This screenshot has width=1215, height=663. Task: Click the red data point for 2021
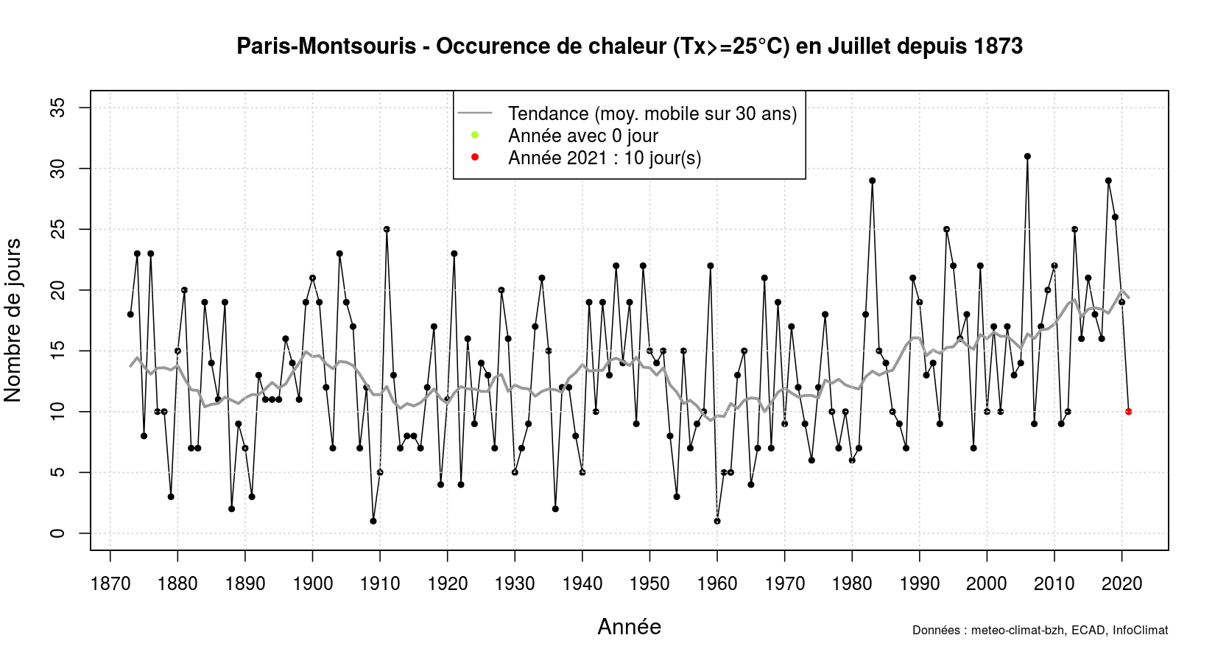click(1128, 412)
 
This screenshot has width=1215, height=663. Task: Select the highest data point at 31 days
click(1027, 156)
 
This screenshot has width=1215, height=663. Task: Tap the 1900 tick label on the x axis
click(312, 584)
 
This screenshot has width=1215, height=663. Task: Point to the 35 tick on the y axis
click(58, 108)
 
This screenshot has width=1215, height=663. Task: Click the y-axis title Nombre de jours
click(13, 320)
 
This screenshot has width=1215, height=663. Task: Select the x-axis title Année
click(629, 627)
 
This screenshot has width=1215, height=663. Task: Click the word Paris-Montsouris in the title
click(326, 46)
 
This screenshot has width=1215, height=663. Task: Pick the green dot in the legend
click(475, 135)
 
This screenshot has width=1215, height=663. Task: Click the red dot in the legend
click(475, 157)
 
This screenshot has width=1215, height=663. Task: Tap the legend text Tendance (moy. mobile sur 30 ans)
click(652, 113)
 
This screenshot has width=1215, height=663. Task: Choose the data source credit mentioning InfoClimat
click(1040, 631)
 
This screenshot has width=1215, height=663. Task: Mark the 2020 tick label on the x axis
click(1121, 584)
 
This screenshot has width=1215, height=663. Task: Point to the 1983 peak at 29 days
click(872, 180)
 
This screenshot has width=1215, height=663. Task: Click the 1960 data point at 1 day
click(717, 521)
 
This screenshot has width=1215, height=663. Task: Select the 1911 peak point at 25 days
click(387, 229)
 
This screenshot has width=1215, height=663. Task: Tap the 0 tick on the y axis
click(58, 533)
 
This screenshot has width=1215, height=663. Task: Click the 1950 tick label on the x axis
click(649, 584)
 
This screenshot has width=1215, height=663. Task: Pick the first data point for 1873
click(130, 315)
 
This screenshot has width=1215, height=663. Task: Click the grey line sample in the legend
click(475, 113)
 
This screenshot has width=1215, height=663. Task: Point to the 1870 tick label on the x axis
click(110, 584)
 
